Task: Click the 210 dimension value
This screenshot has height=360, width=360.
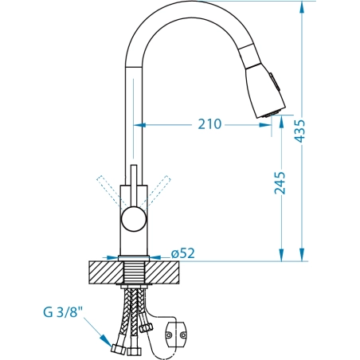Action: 209,124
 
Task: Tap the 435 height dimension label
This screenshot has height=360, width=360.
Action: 300,131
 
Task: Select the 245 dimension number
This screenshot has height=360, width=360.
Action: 280,183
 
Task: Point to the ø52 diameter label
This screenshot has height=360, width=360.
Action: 183,253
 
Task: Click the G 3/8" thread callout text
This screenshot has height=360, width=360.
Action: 63,312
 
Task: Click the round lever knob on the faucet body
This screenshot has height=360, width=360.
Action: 134,219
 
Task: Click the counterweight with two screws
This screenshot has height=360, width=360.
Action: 176,335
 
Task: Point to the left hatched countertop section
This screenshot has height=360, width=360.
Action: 106,272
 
